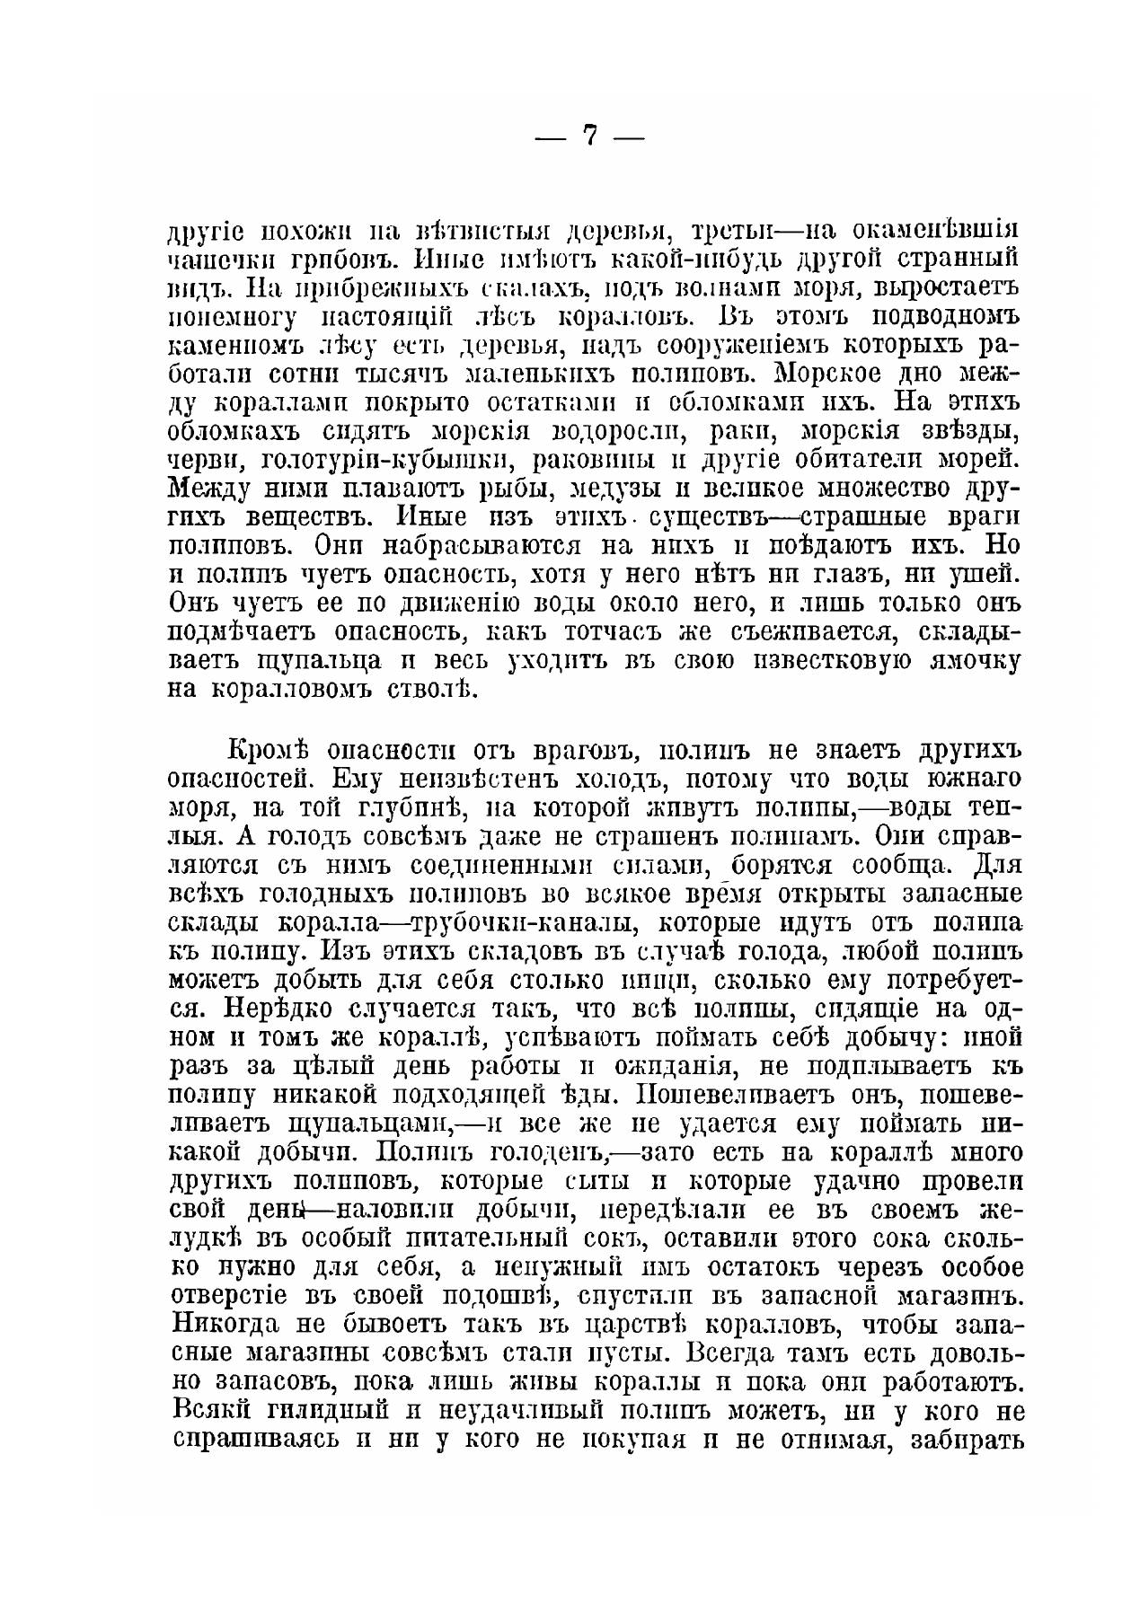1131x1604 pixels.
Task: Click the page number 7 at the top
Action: coord(589,136)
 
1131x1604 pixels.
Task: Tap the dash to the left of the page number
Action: coord(550,138)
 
